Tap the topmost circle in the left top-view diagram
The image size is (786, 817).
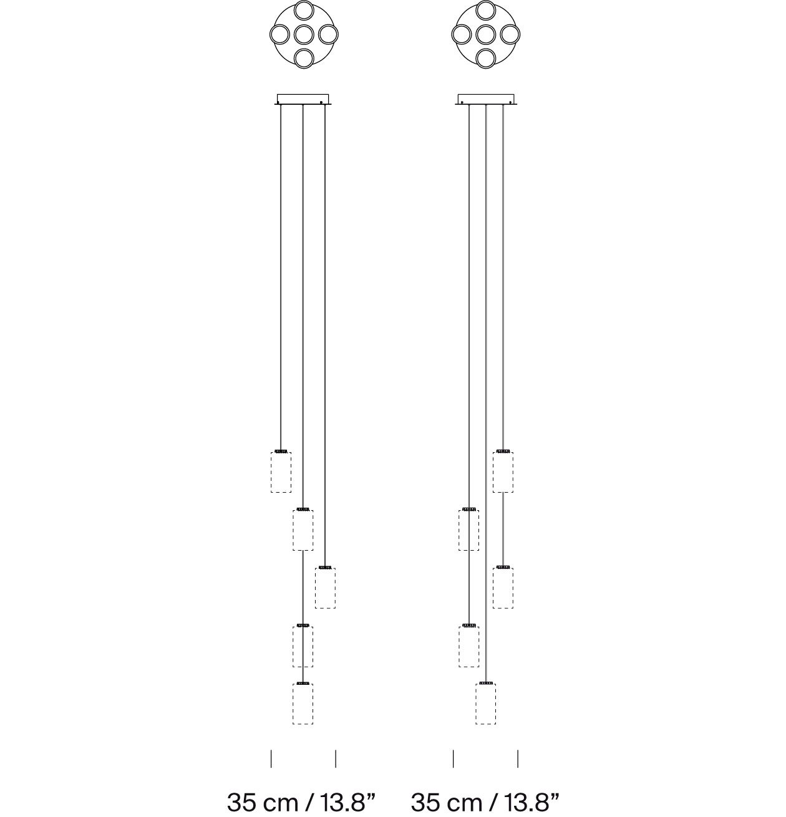pos(304,11)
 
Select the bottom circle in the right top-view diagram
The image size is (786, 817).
pos(486,59)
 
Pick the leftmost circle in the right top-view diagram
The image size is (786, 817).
pos(462,34)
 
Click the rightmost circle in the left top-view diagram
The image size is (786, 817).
pos(328,34)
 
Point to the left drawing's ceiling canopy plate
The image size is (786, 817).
pos(303,99)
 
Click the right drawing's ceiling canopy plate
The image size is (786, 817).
pos(486,99)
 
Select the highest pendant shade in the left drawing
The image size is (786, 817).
pos(281,471)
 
